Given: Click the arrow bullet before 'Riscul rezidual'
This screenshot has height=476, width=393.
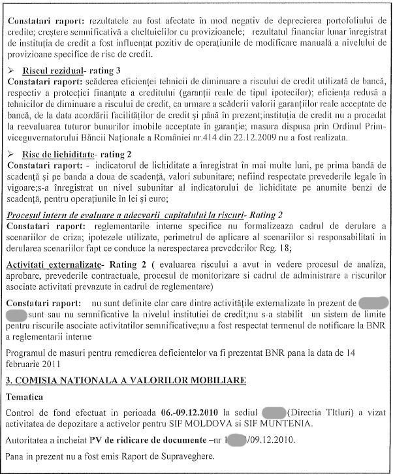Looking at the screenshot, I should click(x=10, y=70).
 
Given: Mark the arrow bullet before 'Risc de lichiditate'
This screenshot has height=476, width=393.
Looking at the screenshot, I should click(x=10, y=153).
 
